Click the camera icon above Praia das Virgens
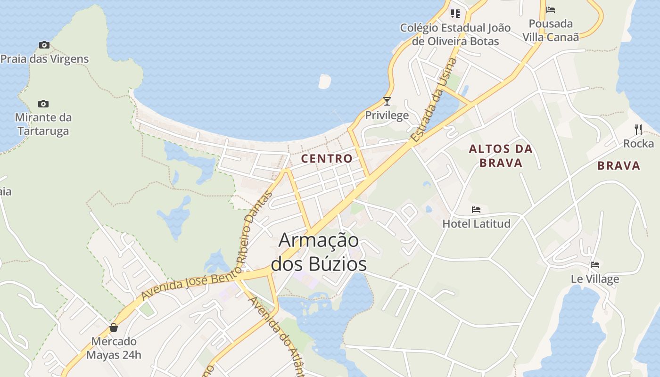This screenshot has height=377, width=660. (x=44, y=45)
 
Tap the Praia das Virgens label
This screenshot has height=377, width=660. (x=44, y=59)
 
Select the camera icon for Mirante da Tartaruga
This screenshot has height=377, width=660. (x=43, y=104)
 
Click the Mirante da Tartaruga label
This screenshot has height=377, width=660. (x=43, y=124)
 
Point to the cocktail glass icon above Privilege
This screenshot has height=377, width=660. (x=387, y=101)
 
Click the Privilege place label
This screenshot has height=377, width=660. (x=387, y=115)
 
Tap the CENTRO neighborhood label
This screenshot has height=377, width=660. (x=327, y=159)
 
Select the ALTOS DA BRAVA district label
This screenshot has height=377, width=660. (x=501, y=156)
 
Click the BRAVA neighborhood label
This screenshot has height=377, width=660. (x=619, y=166)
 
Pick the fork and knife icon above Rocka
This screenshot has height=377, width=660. (x=638, y=129)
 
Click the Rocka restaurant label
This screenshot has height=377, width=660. (x=638, y=144)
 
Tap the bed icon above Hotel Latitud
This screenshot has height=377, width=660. (x=476, y=210)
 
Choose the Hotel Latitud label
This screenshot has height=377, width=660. (x=476, y=223)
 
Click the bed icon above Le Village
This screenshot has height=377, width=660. (x=595, y=265)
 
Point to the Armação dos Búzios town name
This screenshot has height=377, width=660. (x=319, y=252)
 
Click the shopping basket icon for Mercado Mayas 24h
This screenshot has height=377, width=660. (x=114, y=328)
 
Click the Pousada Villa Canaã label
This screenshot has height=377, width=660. (x=551, y=30)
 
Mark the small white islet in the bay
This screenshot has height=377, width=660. (x=324, y=81)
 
